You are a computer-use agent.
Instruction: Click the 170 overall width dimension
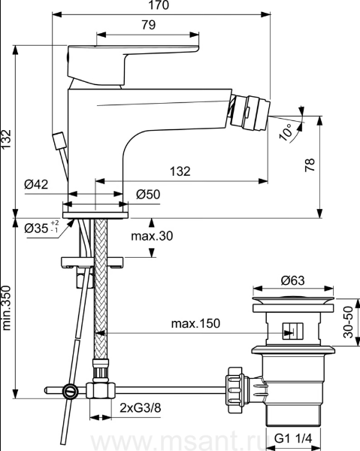click(159, 5)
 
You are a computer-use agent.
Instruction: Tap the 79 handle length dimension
click(149, 25)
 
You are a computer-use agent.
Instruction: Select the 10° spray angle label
click(286, 132)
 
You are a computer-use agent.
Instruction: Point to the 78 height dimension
click(310, 165)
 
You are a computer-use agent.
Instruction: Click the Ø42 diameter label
click(36, 184)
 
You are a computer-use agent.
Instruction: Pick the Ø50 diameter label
click(148, 195)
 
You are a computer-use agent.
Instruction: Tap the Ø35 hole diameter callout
click(42, 228)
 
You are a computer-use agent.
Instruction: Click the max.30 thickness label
click(152, 236)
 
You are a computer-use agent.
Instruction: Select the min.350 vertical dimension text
click(6, 307)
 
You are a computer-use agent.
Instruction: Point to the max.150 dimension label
click(195, 323)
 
